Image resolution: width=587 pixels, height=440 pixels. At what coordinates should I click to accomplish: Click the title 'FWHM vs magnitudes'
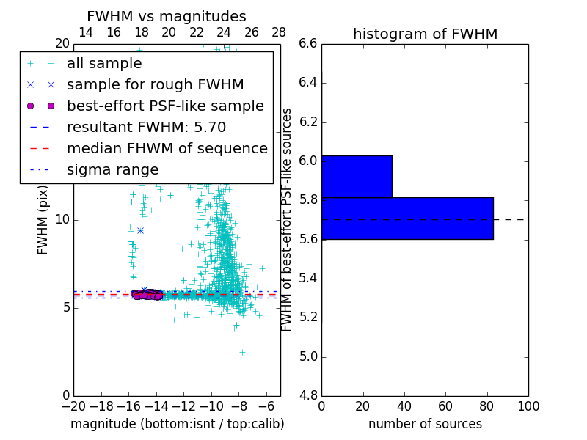click(167, 17)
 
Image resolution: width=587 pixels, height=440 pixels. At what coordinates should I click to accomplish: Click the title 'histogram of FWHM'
click(425, 34)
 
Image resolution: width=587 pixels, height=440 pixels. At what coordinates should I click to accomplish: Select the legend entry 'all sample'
click(104, 64)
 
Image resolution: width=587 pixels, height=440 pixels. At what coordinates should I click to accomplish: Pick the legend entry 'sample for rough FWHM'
click(155, 84)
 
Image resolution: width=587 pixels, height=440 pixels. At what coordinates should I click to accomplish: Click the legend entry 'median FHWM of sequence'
click(167, 148)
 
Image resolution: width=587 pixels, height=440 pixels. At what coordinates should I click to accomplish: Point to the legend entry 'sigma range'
click(112, 169)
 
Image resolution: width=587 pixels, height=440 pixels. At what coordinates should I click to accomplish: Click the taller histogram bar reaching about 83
click(407, 218)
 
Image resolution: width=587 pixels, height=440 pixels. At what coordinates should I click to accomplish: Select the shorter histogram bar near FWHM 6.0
click(357, 177)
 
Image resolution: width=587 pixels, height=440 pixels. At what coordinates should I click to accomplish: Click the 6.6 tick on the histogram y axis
click(308, 43)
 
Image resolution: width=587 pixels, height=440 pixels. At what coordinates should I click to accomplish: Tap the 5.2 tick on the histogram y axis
click(308, 318)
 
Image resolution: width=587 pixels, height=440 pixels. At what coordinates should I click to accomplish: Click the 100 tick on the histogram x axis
click(528, 406)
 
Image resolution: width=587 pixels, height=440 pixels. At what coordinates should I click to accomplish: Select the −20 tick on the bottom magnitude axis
click(73, 406)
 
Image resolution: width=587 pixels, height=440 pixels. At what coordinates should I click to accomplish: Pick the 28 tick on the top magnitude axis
click(279, 32)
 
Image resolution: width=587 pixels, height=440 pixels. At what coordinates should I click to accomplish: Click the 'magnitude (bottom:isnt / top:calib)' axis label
click(177, 424)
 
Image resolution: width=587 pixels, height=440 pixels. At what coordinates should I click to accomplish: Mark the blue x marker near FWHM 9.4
click(140, 230)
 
